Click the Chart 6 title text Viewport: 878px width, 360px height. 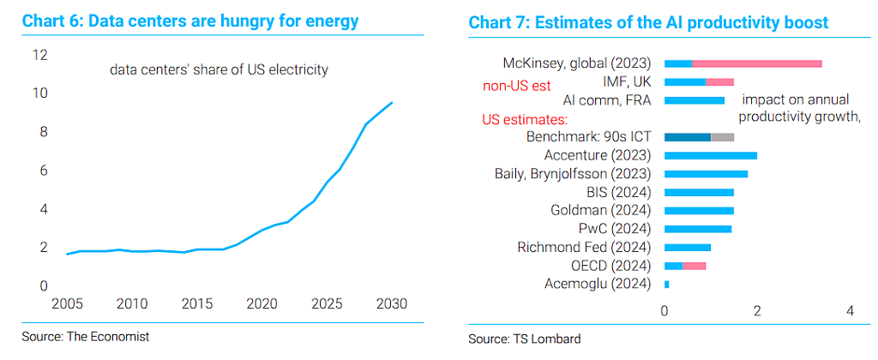coord(189,21)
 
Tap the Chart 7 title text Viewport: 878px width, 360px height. coord(648,22)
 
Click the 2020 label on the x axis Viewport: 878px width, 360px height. coord(262,304)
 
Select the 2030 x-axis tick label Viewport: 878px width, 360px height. coord(391,304)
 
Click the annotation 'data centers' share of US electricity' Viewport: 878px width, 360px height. coord(219,70)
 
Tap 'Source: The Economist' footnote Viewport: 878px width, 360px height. coord(86,337)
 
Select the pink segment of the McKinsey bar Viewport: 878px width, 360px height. coord(757,63)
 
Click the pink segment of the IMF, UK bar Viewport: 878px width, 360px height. coord(719,82)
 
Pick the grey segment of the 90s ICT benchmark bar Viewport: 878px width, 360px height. coord(722,137)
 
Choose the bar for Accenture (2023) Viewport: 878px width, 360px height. coord(711,156)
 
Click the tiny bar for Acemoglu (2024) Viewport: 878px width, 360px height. coord(666,285)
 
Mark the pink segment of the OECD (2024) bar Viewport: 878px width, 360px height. coord(695,266)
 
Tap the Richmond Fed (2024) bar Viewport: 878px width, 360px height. coord(687,248)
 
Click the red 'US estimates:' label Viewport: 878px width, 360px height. coord(525,120)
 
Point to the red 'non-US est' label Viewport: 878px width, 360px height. coord(516,87)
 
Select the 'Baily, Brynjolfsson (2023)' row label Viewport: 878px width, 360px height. coord(573,173)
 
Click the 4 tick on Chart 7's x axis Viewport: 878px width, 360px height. coord(850,311)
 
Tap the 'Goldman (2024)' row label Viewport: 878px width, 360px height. coord(601,211)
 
